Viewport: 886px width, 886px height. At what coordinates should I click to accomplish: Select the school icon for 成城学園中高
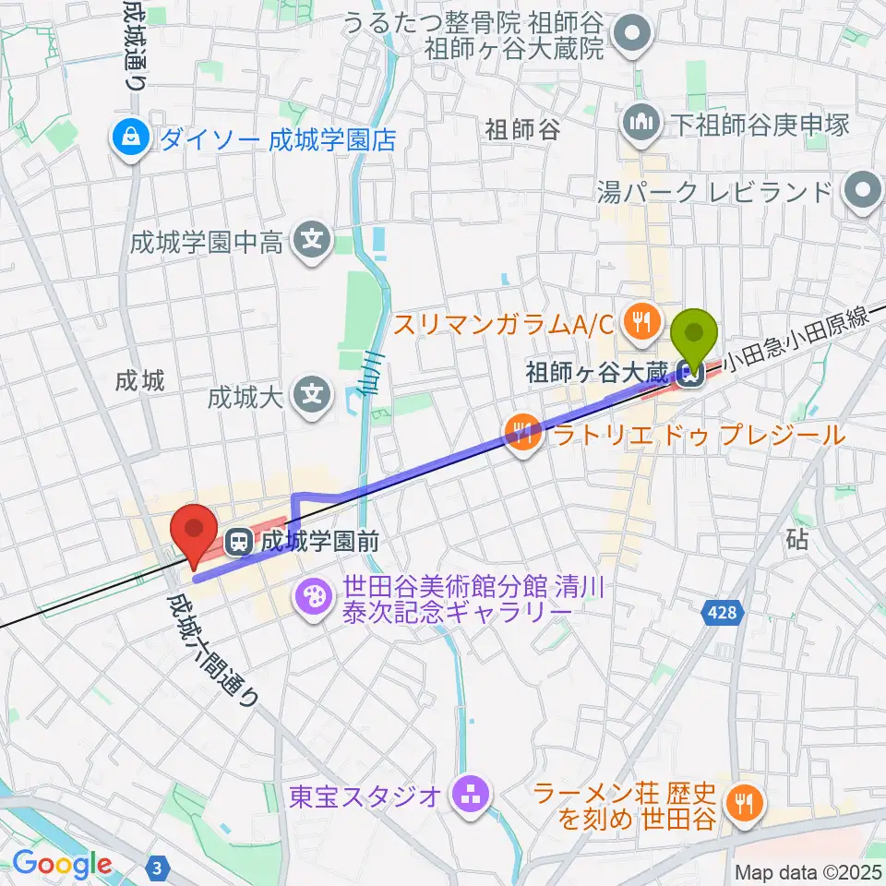pos(314,242)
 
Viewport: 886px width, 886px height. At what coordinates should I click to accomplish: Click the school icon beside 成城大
pos(314,397)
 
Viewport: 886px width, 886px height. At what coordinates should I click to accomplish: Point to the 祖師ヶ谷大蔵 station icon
pos(688,373)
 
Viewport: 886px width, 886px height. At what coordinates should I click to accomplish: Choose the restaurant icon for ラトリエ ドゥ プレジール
pos(522,434)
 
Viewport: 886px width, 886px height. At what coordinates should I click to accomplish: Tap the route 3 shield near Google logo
pos(159,867)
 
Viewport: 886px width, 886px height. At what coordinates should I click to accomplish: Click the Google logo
pos(61,864)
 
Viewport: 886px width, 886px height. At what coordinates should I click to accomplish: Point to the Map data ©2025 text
pos(807,871)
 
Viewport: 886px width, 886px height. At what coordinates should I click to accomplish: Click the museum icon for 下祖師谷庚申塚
pos(641,123)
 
